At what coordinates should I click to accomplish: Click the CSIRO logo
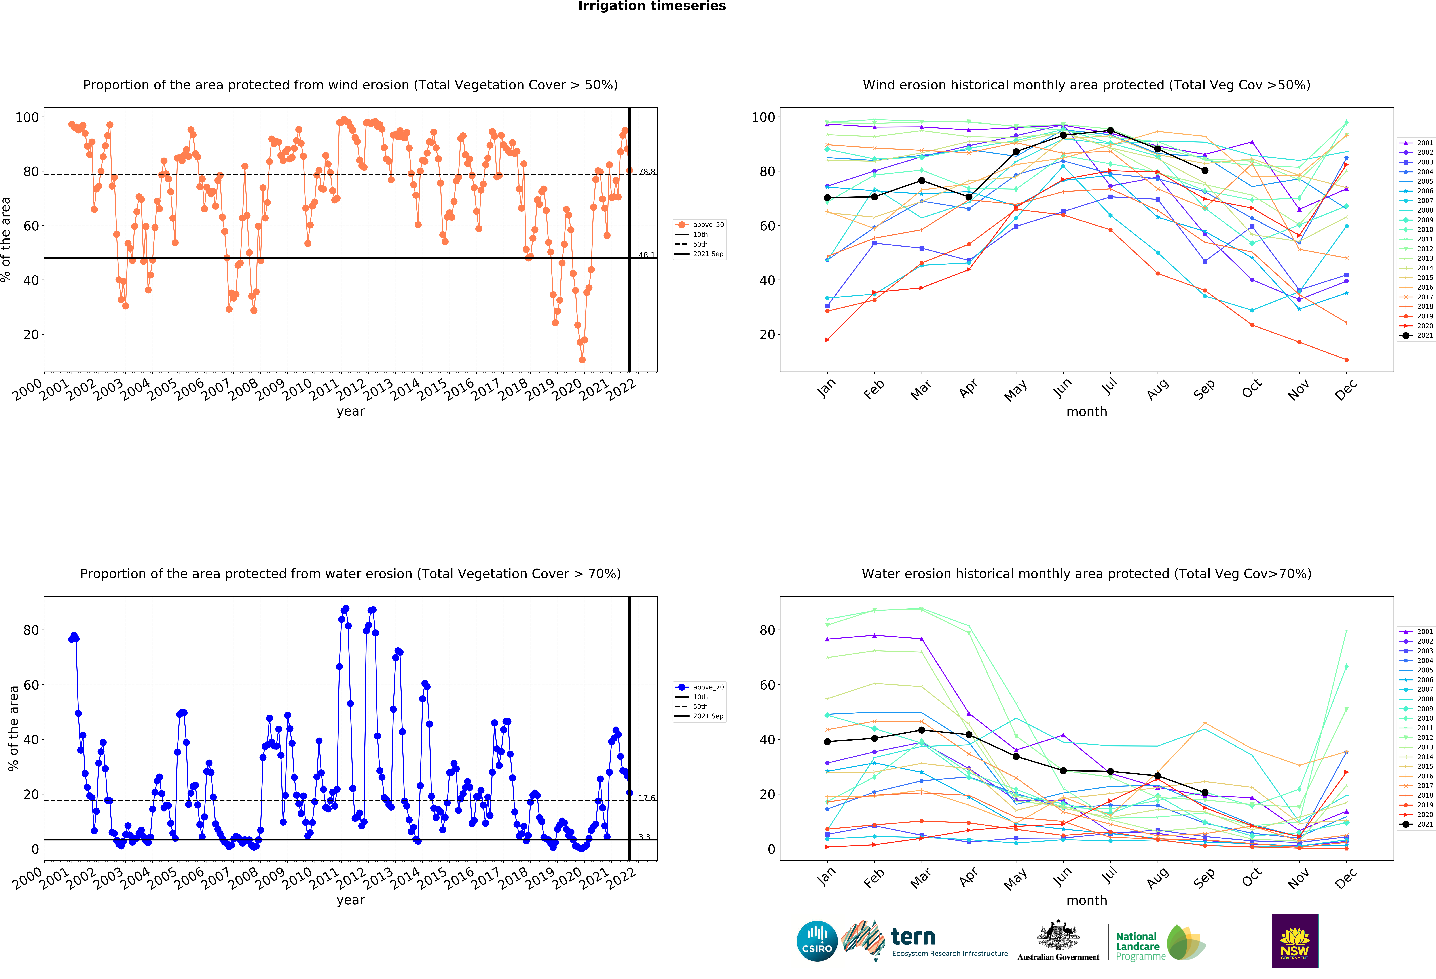817,941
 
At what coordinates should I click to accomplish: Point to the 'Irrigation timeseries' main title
652,6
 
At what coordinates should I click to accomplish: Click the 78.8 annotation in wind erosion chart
646,172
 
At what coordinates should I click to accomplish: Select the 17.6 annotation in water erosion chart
646,798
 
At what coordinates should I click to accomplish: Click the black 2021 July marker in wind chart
1110,130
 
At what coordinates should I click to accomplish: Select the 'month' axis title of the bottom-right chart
1086,901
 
